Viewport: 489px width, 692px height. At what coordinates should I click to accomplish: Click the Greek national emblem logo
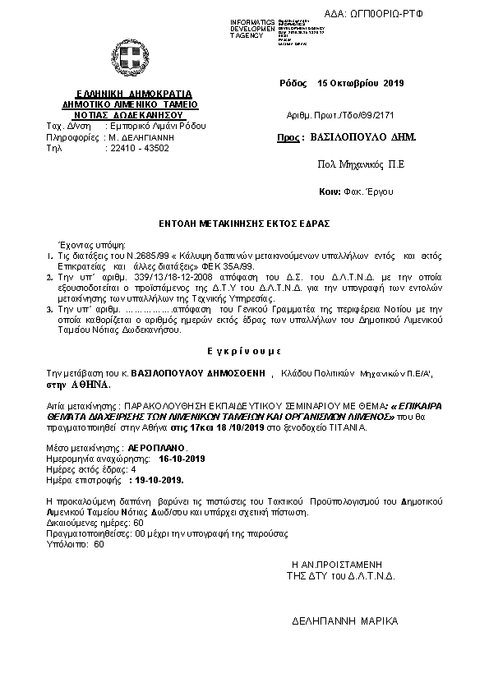130,59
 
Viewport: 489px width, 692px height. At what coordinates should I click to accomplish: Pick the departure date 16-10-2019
182,458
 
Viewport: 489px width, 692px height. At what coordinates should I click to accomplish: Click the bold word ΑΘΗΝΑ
87,384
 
